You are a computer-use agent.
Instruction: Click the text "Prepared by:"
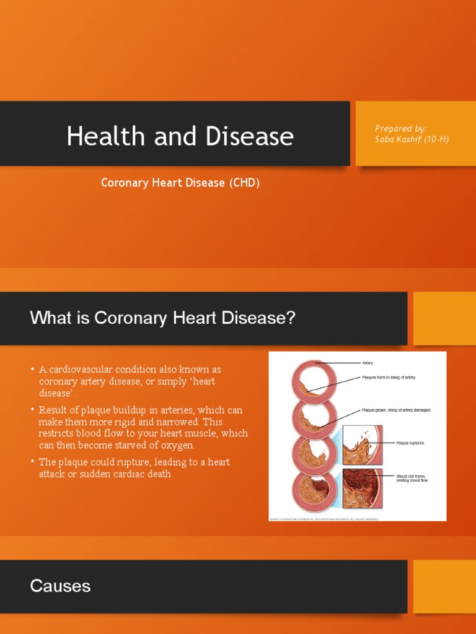pos(400,128)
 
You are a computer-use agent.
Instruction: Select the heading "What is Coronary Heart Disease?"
pos(163,318)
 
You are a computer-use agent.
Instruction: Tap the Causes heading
pos(60,586)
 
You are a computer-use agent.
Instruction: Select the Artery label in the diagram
pos(367,363)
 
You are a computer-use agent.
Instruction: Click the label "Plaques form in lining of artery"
pos(389,377)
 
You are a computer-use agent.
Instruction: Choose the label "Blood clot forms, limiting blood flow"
pos(412,478)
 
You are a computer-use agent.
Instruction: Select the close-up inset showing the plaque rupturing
pos(363,444)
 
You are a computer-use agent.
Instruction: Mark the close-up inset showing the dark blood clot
pos(363,488)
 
